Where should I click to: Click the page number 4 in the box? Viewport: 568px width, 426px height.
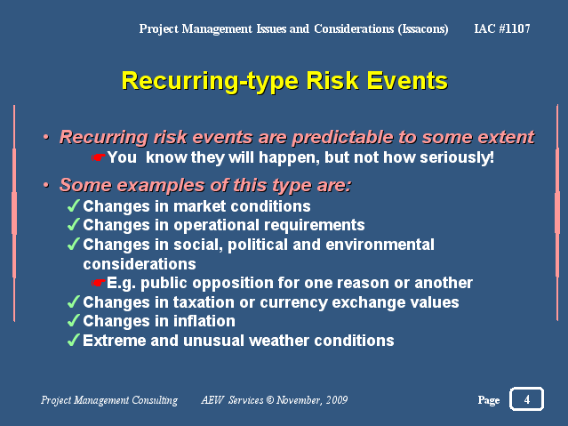527,399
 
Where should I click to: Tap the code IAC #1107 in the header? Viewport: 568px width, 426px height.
502,28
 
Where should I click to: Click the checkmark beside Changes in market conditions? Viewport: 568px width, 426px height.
73,205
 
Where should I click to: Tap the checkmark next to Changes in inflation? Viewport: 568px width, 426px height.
73,320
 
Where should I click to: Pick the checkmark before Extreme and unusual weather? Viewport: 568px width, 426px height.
73,340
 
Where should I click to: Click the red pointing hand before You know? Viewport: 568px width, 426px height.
98,157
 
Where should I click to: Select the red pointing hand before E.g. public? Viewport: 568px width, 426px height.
98,283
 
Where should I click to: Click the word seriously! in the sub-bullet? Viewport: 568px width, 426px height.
457,157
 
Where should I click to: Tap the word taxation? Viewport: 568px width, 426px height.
204,302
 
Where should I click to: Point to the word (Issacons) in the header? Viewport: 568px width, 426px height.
423,28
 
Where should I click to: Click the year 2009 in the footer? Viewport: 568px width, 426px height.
337,400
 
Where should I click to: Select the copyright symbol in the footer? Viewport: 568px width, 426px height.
270,400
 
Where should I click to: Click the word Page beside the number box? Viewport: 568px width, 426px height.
489,400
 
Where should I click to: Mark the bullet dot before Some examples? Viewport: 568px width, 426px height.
46,185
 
